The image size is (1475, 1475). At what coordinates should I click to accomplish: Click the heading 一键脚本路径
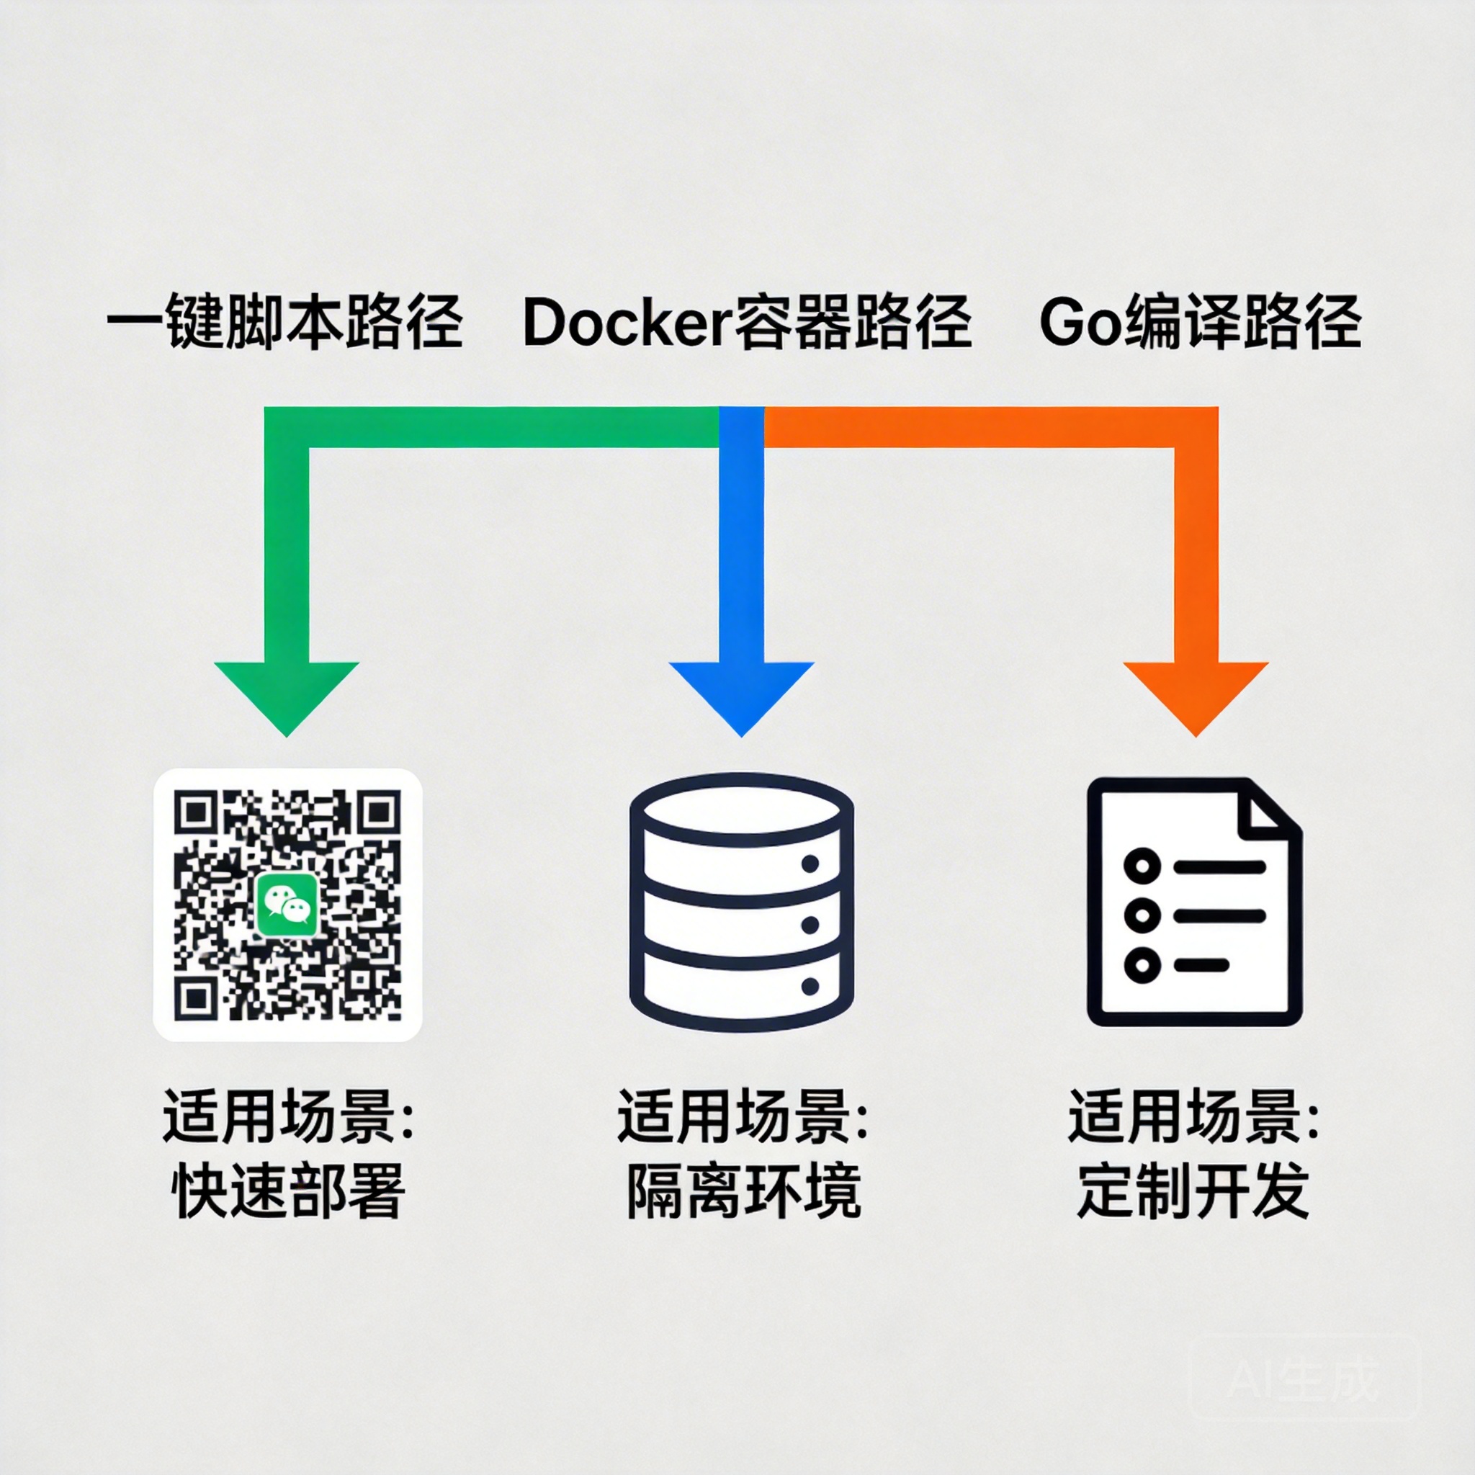click(x=284, y=322)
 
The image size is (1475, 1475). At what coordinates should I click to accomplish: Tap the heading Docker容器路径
click(x=747, y=322)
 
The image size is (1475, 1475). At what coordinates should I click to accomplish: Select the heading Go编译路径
click(x=1199, y=322)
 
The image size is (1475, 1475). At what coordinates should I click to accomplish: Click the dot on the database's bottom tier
click(x=810, y=987)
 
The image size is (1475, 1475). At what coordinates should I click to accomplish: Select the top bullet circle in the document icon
click(x=1142, y=866)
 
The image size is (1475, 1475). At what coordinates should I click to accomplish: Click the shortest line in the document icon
click(x=1202, y=965)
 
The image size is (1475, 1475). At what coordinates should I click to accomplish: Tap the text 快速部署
click(x=288, y=1191)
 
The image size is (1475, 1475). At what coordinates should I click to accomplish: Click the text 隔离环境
click(x=743, y=1191)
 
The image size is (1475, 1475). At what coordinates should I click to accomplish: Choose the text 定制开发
click(x=1194, y=1191)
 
